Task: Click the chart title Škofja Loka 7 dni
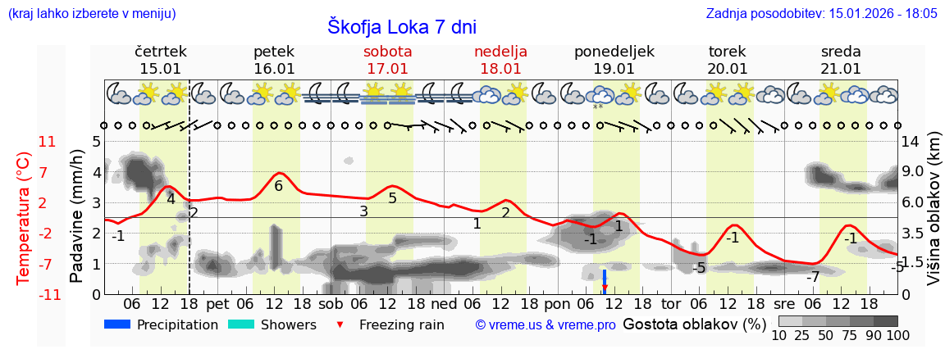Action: [401, 26]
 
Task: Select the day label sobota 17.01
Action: [388, 60]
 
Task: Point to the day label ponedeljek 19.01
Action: [614, 60]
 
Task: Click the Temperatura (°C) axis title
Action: [23, 217]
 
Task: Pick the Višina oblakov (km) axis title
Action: [934, 217]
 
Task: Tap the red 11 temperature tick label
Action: [48, 142]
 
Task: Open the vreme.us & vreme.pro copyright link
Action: [546, 324]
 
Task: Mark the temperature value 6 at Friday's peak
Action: [278, 186]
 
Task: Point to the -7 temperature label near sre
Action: [812, 277]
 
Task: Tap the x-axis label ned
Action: [444, 302]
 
